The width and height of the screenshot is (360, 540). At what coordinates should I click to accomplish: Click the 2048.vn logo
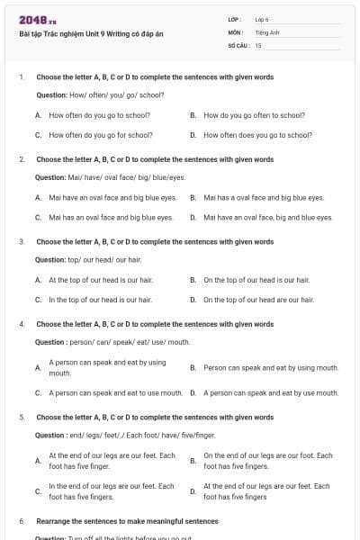tap(38, 20)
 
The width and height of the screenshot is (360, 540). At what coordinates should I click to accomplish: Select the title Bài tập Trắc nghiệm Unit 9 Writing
tap(91, 35)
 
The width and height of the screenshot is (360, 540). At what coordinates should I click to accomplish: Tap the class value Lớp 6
tap(262, 19)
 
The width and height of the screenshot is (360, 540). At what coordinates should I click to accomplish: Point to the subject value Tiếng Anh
tap(267, 31)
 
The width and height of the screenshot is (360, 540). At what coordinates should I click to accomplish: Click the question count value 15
tap(258, 44)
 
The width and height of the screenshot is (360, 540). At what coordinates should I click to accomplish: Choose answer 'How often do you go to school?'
tap(100, 115)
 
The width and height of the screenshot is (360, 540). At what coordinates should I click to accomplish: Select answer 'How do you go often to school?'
tap(255, 115)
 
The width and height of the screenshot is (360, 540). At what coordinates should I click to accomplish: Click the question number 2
tap(22, 159)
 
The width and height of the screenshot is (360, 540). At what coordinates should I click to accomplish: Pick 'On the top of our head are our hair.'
tap(258, 299)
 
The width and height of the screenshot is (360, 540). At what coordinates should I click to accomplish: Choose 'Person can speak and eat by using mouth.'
tap(271, 367)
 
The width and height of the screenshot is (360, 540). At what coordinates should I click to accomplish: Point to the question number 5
tap(22, 418)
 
